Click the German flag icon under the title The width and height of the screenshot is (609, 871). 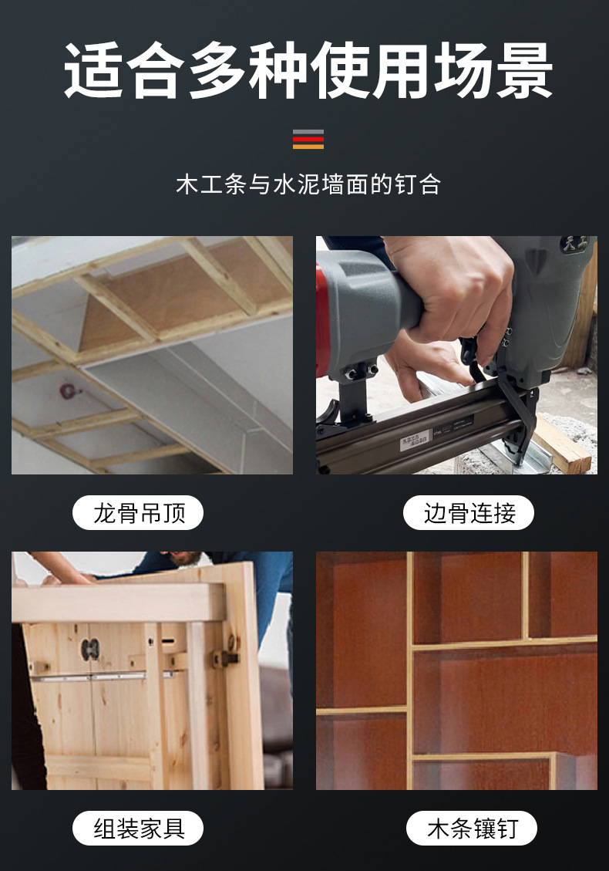pyautogui.click(x=308, y=140)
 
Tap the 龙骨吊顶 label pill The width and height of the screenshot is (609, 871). pyautogui.click(x=138, y=513)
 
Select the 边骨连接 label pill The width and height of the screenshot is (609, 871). pyautogui.click(x=469, y=513)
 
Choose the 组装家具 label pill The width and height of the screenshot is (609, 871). pyautogui.click(x=138, y=829)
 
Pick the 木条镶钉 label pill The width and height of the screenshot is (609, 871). pyautogui.click(x=471, y=829)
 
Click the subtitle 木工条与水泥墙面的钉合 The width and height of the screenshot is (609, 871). pyautogui.click(x=308, y=185)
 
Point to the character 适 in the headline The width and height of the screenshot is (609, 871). pyautogui.click(x=93, y=71)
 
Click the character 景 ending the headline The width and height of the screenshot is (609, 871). pyautogui.click(x=523, y=71)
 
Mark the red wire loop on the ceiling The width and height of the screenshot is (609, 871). pyautogui.click(x=71, y=390)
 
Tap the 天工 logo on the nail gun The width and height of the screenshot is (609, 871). pyautogui.click(x=574, y=245)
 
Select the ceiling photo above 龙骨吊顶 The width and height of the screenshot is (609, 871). pyautogui.click(x=152, y=355)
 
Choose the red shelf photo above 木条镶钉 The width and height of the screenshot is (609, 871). pyautogui.click(x=456, y=670)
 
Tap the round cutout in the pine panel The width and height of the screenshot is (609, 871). pyautogui.click(x=91, y=649)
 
